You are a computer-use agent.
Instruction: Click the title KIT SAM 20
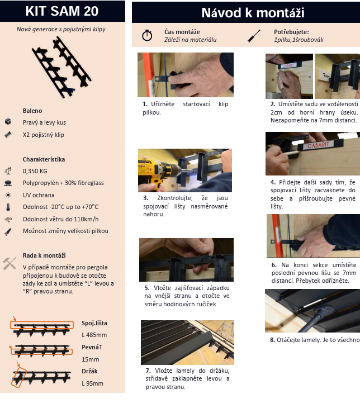[62, 11]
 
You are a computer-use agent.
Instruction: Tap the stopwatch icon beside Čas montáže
[147, 35]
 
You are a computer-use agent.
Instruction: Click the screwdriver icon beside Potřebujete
[254, 36]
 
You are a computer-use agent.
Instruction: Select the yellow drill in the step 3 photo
[156, 171]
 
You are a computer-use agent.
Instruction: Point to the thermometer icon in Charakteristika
[8, 207]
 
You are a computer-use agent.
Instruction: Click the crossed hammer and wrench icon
[10, 263]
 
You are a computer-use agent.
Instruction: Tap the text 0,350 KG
[35, 171]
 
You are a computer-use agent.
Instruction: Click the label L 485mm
[94, 335]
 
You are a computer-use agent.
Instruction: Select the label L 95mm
[92, 383]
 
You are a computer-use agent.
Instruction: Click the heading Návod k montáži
[253, 13]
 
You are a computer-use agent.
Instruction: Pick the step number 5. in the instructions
[147, 288]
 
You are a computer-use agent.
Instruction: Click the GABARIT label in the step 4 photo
[318, 145]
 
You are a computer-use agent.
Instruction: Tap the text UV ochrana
[39, 195]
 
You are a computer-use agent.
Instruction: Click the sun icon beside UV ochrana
[8, 195]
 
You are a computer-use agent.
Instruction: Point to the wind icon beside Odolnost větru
[8, 220]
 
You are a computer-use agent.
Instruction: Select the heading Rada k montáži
[44, 255]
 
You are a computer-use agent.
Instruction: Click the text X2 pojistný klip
[43, 135]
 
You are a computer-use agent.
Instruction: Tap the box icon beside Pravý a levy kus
[8, 122]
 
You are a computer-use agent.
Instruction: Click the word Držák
[89, 371]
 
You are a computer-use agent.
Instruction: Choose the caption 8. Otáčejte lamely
[315, 340]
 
